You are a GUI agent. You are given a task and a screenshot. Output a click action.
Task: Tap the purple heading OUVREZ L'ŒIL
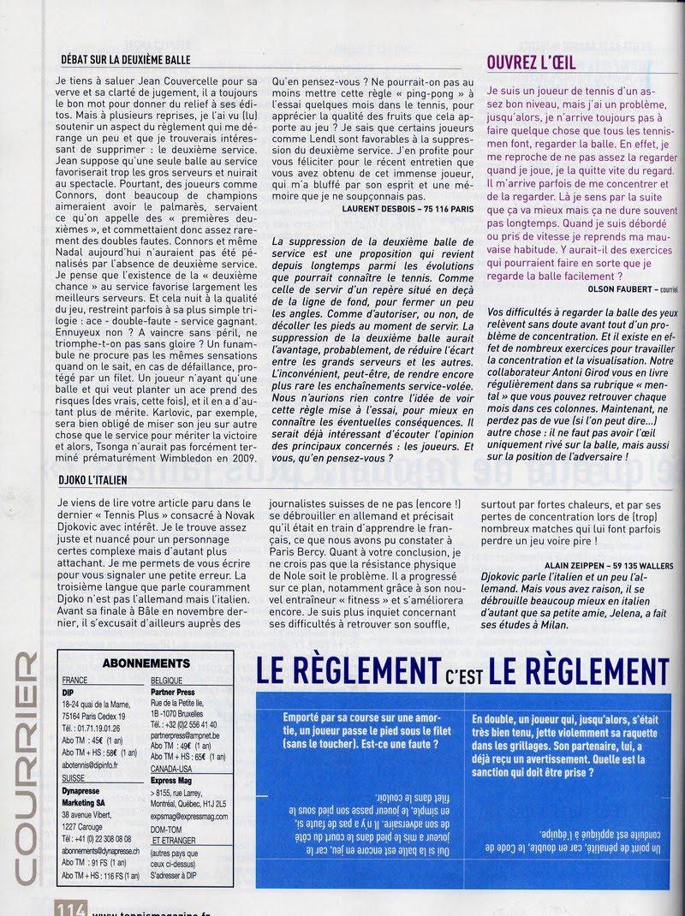[x=530, y=62]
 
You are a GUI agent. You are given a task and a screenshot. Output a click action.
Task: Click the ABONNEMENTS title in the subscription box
[x=140, y=663]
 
